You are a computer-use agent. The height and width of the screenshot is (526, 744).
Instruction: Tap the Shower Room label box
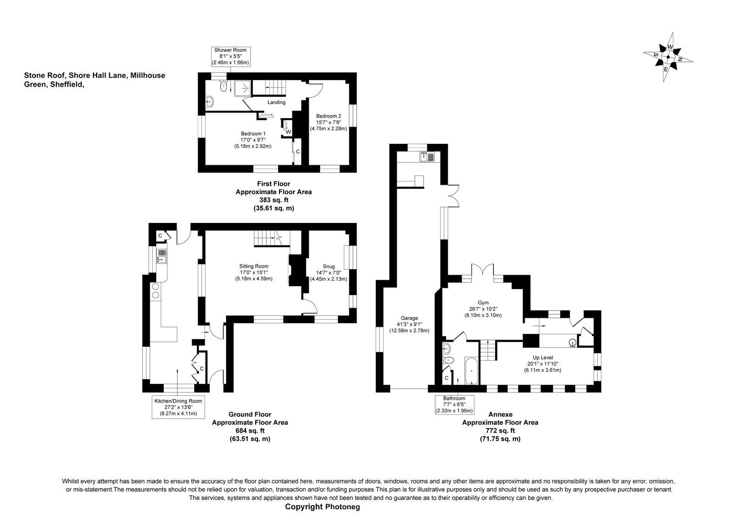[231, 56]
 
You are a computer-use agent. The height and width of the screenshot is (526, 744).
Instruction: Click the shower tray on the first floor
[243, 88]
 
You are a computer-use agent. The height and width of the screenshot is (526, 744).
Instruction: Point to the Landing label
[276, 102]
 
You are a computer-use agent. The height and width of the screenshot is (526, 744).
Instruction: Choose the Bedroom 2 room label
[328, 122]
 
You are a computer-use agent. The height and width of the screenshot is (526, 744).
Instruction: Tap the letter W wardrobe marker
[288, 132]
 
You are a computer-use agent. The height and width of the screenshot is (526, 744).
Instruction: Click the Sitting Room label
[254, 272]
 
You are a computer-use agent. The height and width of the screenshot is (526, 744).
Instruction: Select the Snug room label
[329, 273]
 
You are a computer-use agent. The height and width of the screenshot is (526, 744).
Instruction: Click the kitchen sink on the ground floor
[161, 256]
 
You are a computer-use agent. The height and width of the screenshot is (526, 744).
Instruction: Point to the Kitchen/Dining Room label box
[179, 407]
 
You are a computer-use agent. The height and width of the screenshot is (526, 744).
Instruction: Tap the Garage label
[409, 324]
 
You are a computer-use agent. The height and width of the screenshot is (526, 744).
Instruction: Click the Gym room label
[483, 309]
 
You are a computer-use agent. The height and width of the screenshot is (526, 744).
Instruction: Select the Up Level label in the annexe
[542, 364]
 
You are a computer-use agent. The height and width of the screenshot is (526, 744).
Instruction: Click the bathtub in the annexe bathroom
[472, 371]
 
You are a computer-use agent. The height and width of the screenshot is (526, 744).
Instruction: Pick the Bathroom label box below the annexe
[454, 405]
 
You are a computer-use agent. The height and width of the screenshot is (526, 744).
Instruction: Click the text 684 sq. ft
[250, 431]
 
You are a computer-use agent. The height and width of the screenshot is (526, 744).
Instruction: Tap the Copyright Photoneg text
[323, 507]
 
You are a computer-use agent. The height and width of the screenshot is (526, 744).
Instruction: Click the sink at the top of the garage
[427, 156]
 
